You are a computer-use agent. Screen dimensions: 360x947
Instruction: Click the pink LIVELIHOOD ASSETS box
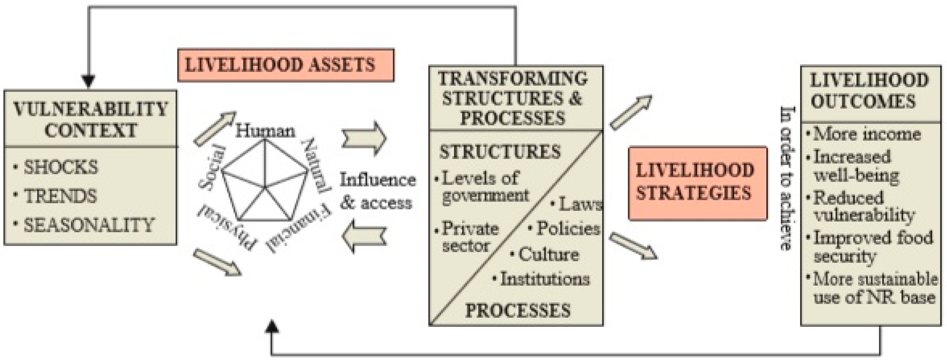click(x=285, y=65)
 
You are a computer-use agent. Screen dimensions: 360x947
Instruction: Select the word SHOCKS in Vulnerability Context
click(x=61, y=167)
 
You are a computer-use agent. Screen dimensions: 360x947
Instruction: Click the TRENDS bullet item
click(x=60, y=196)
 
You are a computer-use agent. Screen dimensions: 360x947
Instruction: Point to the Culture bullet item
click(x=548, y=254)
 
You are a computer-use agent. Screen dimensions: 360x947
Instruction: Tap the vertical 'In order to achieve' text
click(x=787, y=178)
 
